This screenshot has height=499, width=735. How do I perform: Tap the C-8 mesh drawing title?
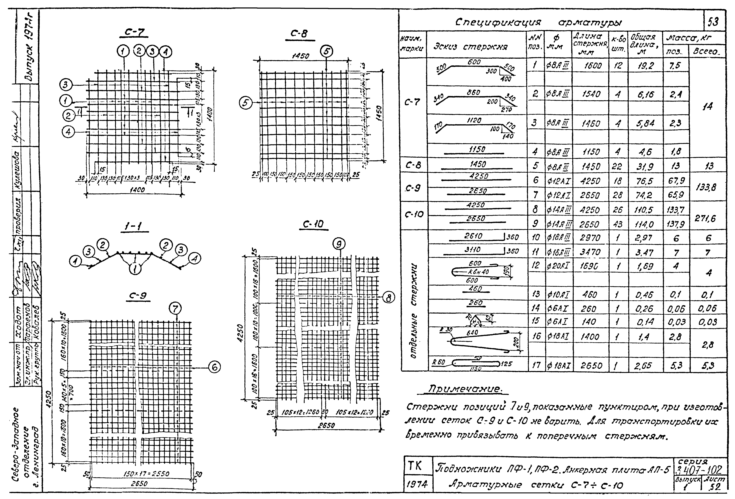[299, 34]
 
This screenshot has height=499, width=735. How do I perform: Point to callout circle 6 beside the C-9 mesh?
[214, 367]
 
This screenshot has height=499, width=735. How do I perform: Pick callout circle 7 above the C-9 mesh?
[176, 308]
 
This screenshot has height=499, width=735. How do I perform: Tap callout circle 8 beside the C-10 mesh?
[389, 298]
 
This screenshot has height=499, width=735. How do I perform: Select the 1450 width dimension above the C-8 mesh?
[301, 56]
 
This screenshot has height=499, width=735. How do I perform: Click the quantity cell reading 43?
[618, 224]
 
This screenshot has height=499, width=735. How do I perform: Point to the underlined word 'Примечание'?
[465, 389]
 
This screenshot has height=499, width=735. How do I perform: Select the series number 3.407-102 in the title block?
[699, 470]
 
